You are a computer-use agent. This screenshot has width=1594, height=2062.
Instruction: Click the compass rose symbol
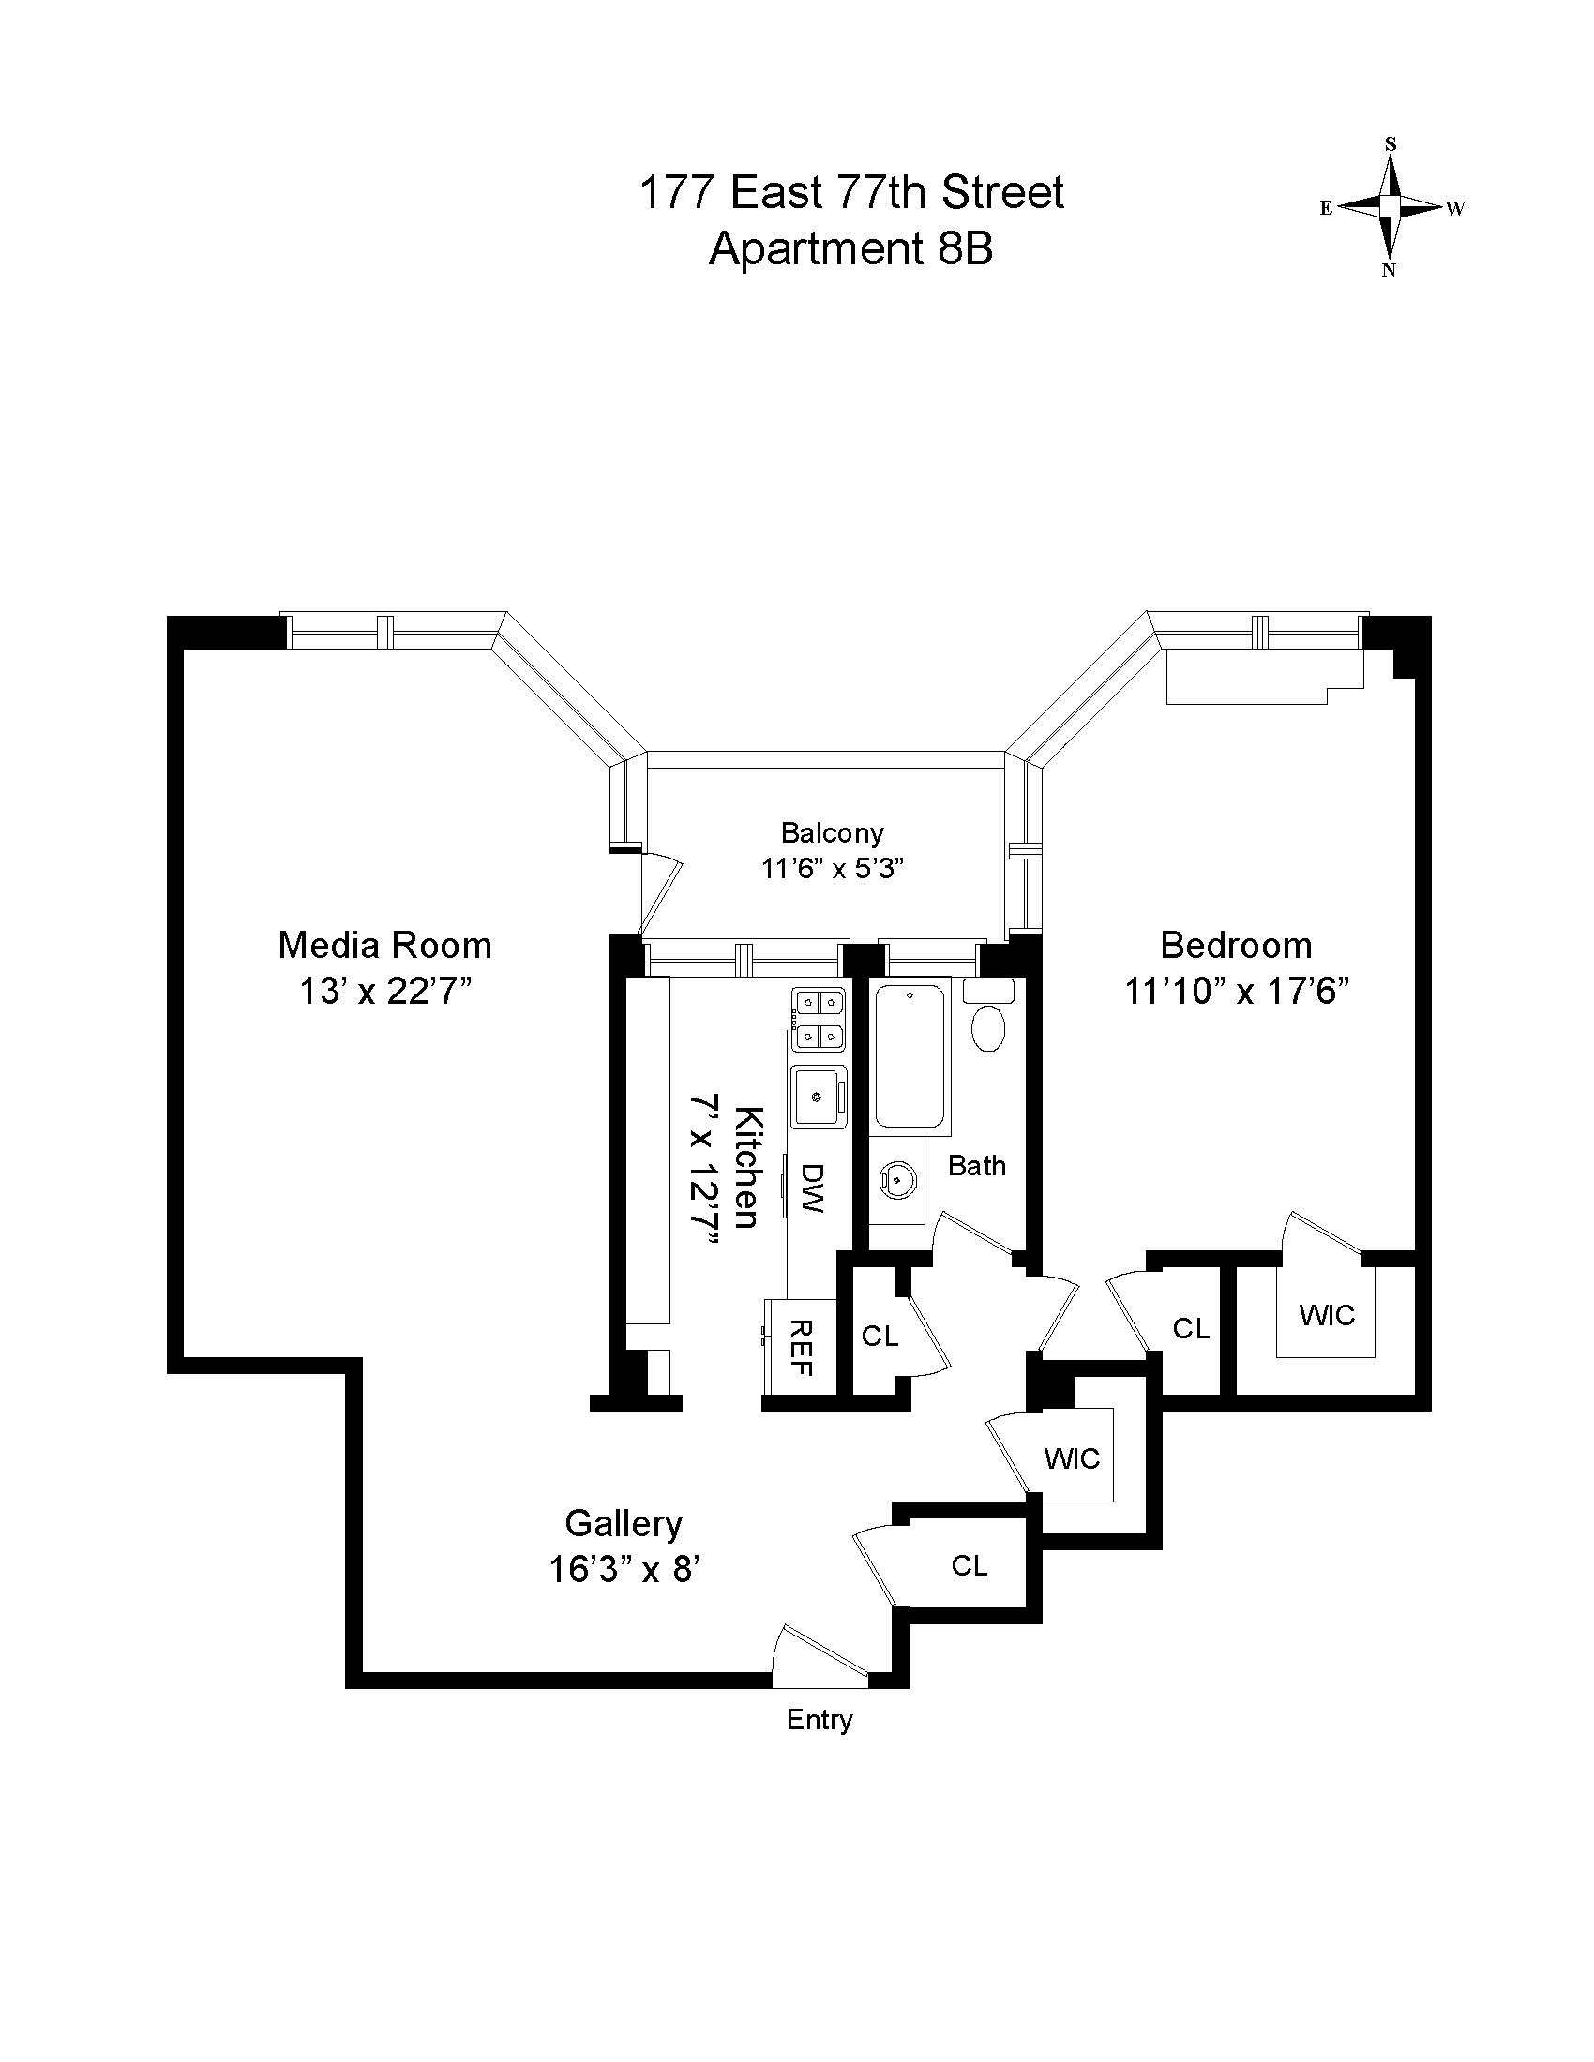click(x=1390, y=207)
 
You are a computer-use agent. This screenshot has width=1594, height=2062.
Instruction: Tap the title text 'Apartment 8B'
click(x=850, y=249)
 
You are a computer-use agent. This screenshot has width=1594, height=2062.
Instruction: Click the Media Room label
click(x=384, y=945)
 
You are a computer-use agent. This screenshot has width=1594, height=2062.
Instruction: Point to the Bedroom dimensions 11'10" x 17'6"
click(x=1236, y=993)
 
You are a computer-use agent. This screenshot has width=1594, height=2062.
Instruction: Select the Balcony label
click(x=832, y=832)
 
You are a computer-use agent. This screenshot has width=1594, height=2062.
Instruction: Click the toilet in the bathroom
click(x=988, y=1027)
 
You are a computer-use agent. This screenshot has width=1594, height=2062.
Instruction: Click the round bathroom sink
click(x=894, y=1178)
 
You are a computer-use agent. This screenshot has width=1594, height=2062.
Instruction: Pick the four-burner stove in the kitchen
click(x=819, y=1019)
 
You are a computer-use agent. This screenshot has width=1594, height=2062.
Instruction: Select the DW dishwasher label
click(x=812, y=1188)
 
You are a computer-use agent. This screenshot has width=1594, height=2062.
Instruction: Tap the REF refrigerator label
click(x=801, y=1347)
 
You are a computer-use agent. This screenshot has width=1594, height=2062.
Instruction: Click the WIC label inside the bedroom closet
click(x=1327, y=1315)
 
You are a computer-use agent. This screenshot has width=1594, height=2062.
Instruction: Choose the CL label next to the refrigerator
click(x=880, y=1336)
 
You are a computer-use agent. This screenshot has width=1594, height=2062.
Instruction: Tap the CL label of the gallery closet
click(x=970, y=1566)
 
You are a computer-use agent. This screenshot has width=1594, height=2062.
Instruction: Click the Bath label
click(x=976, y=1166)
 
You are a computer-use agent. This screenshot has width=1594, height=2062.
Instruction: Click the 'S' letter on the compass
click(x=1390, y=144)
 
